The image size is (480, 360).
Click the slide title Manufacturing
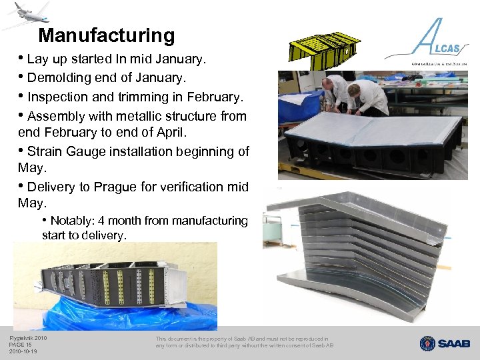[106, 35]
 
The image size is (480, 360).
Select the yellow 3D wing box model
[324, 49]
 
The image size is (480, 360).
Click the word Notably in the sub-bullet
[73, 221]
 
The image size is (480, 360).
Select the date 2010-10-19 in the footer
[23, 352]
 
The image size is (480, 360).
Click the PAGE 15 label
[20, 345]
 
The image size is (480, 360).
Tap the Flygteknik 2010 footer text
[28, 338]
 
